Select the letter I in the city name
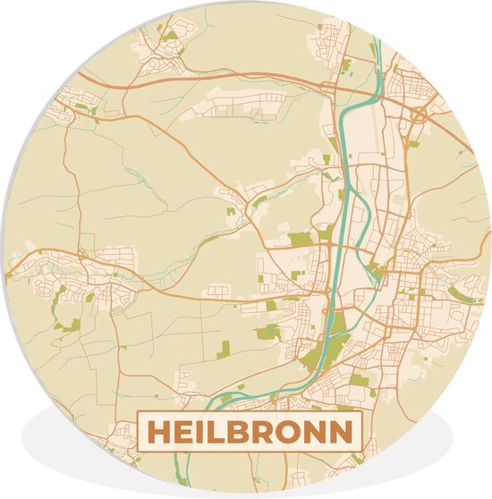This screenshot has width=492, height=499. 200,432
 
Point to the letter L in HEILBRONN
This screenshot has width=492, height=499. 217,432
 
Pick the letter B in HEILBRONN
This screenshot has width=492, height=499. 241,432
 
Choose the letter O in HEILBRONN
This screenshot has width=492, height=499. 293,432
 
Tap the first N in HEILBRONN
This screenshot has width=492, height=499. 318,432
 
